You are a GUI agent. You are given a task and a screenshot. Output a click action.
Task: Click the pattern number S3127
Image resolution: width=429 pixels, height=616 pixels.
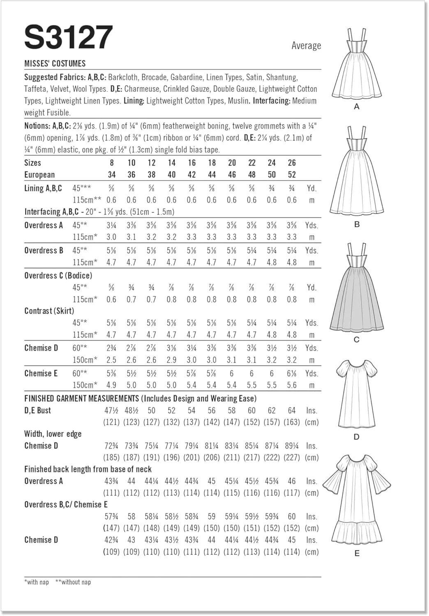(x=69, y=37)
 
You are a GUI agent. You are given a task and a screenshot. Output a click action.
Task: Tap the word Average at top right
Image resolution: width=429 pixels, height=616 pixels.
(x=306, y=46)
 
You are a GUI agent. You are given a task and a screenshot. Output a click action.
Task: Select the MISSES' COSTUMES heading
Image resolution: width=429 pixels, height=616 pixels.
(x=55, y=64)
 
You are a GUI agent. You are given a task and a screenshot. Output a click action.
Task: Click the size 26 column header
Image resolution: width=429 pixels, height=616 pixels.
(x=292, y=163)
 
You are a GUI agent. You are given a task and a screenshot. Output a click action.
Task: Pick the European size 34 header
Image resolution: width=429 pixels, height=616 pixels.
(x=111, y=175)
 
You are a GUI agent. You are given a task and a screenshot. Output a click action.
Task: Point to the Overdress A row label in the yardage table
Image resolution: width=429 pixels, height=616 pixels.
(x=44, y=225)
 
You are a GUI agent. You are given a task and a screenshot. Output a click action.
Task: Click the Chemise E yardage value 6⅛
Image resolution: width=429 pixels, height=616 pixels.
(x=292, y=373)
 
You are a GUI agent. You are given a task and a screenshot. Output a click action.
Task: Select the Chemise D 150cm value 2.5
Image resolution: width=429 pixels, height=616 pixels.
(x=111, y=360)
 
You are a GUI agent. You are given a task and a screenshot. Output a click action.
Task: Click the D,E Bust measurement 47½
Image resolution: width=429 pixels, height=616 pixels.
(x=111, y=410)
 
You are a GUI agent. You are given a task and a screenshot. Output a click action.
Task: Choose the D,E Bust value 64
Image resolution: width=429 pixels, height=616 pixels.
(x=292, y=410)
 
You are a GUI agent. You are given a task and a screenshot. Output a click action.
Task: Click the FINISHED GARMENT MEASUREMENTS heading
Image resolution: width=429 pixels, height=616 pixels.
(x=81, y=398)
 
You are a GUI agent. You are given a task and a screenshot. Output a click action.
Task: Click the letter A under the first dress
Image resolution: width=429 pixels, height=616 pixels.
(x=356, y=107)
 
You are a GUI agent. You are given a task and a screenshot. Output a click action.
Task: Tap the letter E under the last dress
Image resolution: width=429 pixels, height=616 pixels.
(x=356, y=554)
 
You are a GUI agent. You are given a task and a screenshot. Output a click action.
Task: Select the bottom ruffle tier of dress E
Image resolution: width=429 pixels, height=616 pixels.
(x=356, y=534)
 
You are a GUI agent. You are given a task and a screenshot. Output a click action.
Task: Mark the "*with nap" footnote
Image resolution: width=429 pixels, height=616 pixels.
(x=37, y=582)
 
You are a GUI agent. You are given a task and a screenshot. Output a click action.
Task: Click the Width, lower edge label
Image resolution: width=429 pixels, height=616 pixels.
(x=53, y=434)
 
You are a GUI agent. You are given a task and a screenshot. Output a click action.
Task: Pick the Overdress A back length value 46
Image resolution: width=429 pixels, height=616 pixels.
(x=292, y=481)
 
